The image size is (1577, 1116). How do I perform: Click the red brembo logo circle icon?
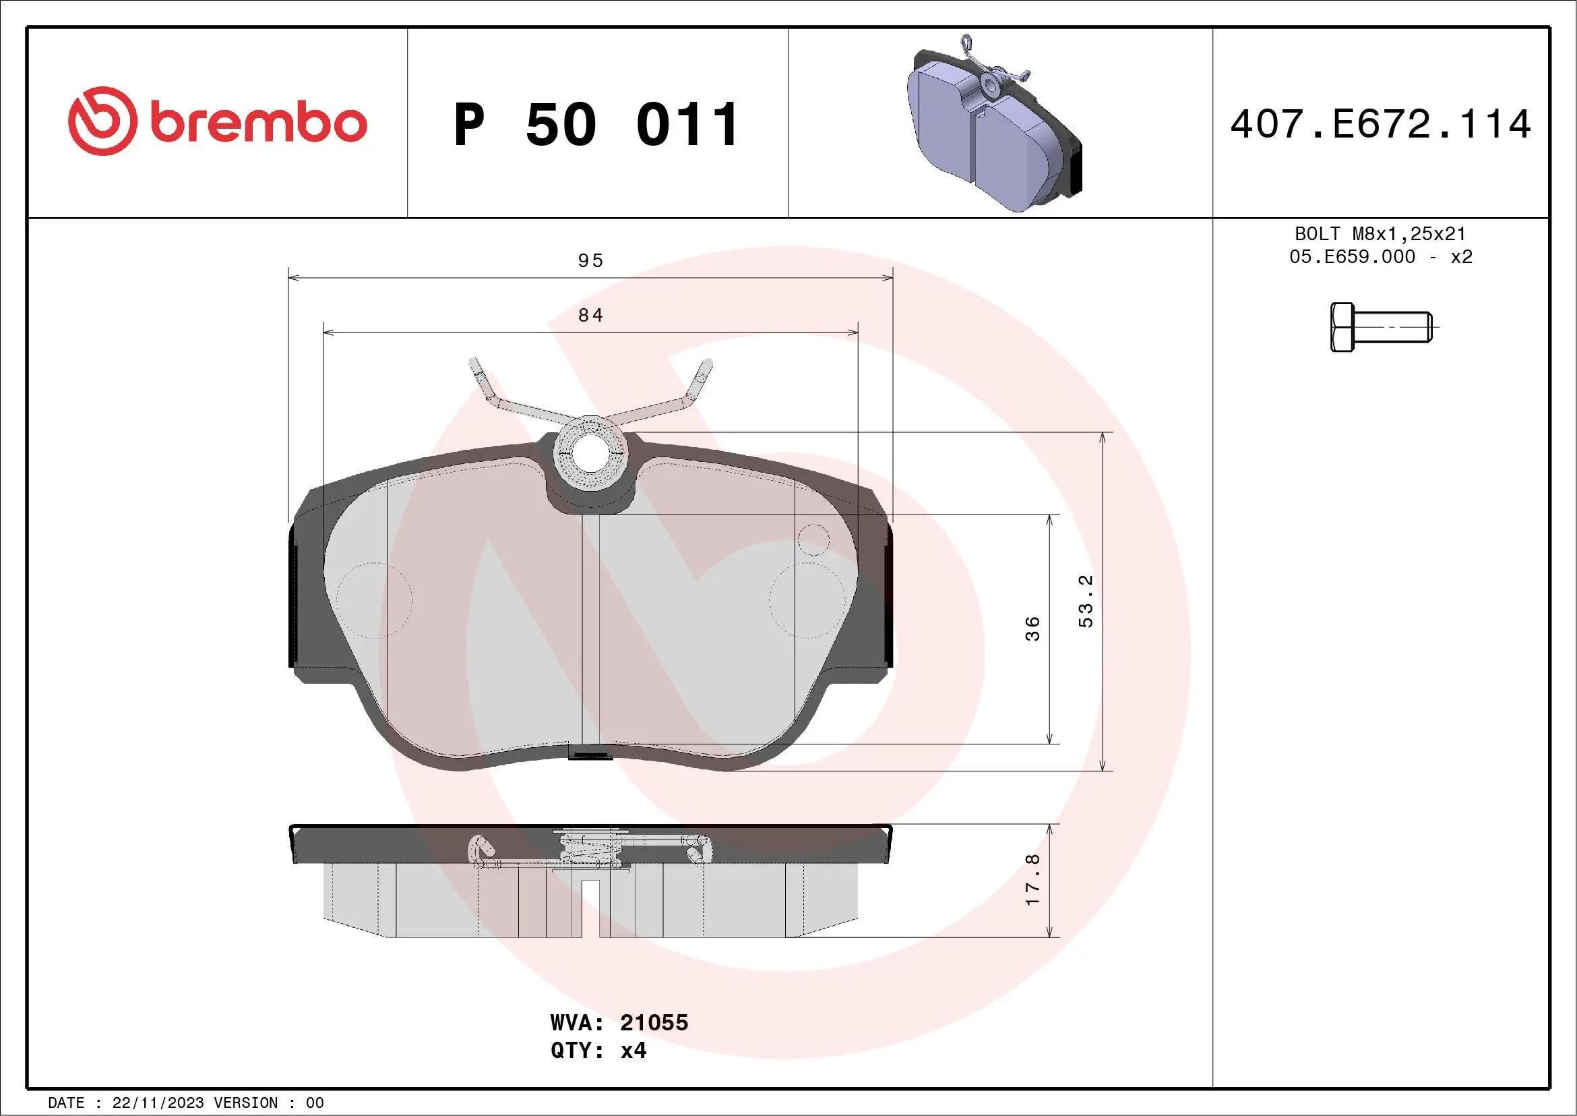click(102, 121)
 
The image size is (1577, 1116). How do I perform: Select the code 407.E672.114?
click(1381, 124)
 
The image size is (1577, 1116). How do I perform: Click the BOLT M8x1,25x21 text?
click(1380, 233)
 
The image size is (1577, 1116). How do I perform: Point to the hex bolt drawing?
click(1381, 327)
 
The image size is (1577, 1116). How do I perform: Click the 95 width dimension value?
click(590, 261)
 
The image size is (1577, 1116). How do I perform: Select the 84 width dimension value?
click(590, 316)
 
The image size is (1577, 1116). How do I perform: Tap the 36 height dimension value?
click(1032, 628)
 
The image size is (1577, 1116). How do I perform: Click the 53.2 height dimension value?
click(1086, 601)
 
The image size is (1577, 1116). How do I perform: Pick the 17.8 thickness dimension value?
click(1032, 880)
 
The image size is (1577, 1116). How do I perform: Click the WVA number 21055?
click(653, 1022)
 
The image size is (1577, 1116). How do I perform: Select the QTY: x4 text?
click(598, 1051)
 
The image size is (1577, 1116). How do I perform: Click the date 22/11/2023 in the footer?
click(158, 1103)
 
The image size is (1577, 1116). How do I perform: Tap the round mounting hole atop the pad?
click(589, 453)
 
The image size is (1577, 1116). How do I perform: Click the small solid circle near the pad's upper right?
click(813, 539)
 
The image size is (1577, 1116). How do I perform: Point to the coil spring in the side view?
click(592, 852)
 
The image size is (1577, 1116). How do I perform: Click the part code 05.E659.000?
click(1352, 257)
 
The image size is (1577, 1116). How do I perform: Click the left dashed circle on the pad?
click(374, 600)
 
